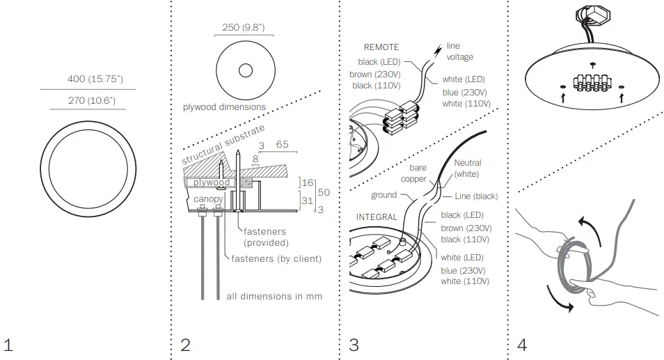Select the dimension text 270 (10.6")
coord(91,101)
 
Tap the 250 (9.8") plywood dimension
coord(244,28)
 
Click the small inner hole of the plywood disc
coord(245,70)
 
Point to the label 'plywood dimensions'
coord(224,107)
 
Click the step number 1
coord(8,345)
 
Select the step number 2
coord(185,345)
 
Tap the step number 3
coord(354,345)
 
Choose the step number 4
coord(523,345)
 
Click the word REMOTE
coord(381,47)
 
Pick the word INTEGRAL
coord(377,217)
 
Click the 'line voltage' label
coord(459,51)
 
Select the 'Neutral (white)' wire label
coord(467,168)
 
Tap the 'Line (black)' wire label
coord(476,196)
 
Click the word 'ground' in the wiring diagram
coord(384,196)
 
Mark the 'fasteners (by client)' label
coord(276,258)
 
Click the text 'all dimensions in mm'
coord(274,296)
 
